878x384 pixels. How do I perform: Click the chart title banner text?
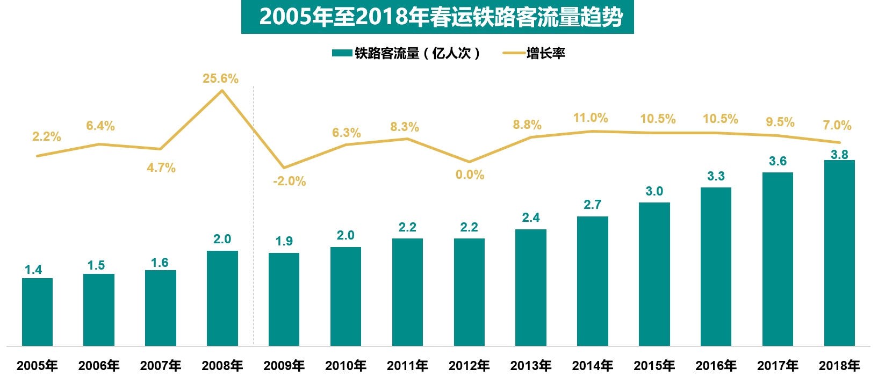point(441,17)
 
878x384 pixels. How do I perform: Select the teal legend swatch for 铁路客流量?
point(342,53)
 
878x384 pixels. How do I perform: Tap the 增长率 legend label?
point(545,53)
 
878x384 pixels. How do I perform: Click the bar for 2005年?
point(37,311)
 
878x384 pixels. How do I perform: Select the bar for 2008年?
point(222,298)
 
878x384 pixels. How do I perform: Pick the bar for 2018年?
point(839,252)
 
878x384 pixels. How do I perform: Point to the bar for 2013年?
point(530,287)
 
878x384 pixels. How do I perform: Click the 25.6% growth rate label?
point(220,78)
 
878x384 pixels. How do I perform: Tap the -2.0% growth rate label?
point(289,181)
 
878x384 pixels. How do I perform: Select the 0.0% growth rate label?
point(470,175)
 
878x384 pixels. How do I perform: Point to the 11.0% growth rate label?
point(591,118)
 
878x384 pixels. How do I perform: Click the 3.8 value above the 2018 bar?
point(839,155)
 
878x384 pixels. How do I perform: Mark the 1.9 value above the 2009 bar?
point(284,241)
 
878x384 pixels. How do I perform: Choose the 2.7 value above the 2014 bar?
point(592,205)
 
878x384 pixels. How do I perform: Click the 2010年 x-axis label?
point(346,366)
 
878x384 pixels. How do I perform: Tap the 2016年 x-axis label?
point(716,366)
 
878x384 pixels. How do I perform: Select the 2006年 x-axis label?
point(99,366)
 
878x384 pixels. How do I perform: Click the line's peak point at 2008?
point(222,90)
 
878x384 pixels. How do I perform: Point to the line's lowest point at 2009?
point(284,168)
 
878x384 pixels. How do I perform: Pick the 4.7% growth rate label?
point(161,168)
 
